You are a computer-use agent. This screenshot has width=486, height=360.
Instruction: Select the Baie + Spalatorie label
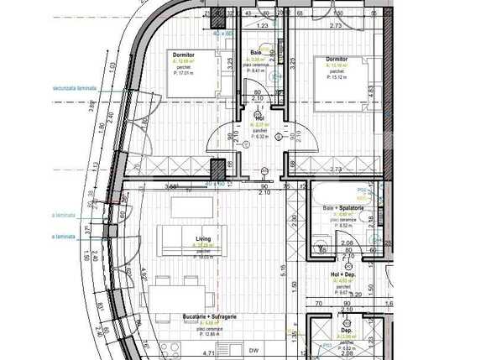pos(342,208)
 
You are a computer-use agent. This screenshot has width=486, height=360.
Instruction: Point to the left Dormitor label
pos(183,54)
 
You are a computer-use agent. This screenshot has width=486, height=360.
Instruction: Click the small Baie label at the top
pos(256,52)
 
